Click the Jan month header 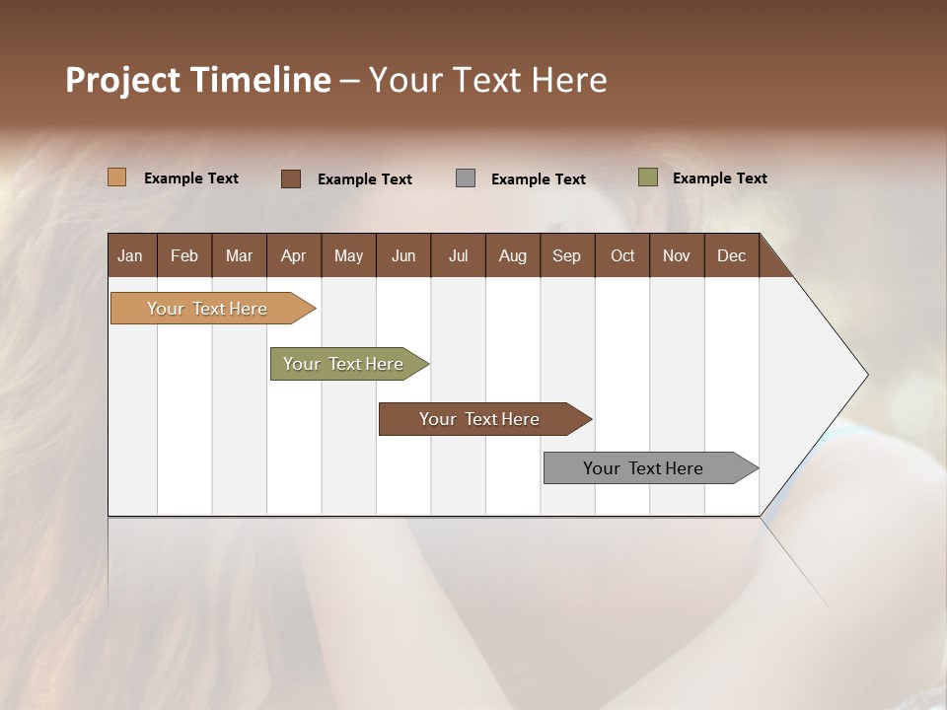tap(130, 255)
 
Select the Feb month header tap(184, 255)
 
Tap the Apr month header tap(293, 255)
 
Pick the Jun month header tap(403, 255)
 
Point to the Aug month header tap(512, 255)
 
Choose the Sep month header tap(566, 255)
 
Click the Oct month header tap(622, 255)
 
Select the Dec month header tap(731, 255)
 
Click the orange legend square tap(117, 177)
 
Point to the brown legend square tap(291, 178)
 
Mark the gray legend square tap(466, 177)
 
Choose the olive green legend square tap(648, 177)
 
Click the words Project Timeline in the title tap(198, 80)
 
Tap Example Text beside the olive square tap(719, 178)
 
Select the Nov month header tap(676, 255)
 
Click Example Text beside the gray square tap(538, 179)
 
